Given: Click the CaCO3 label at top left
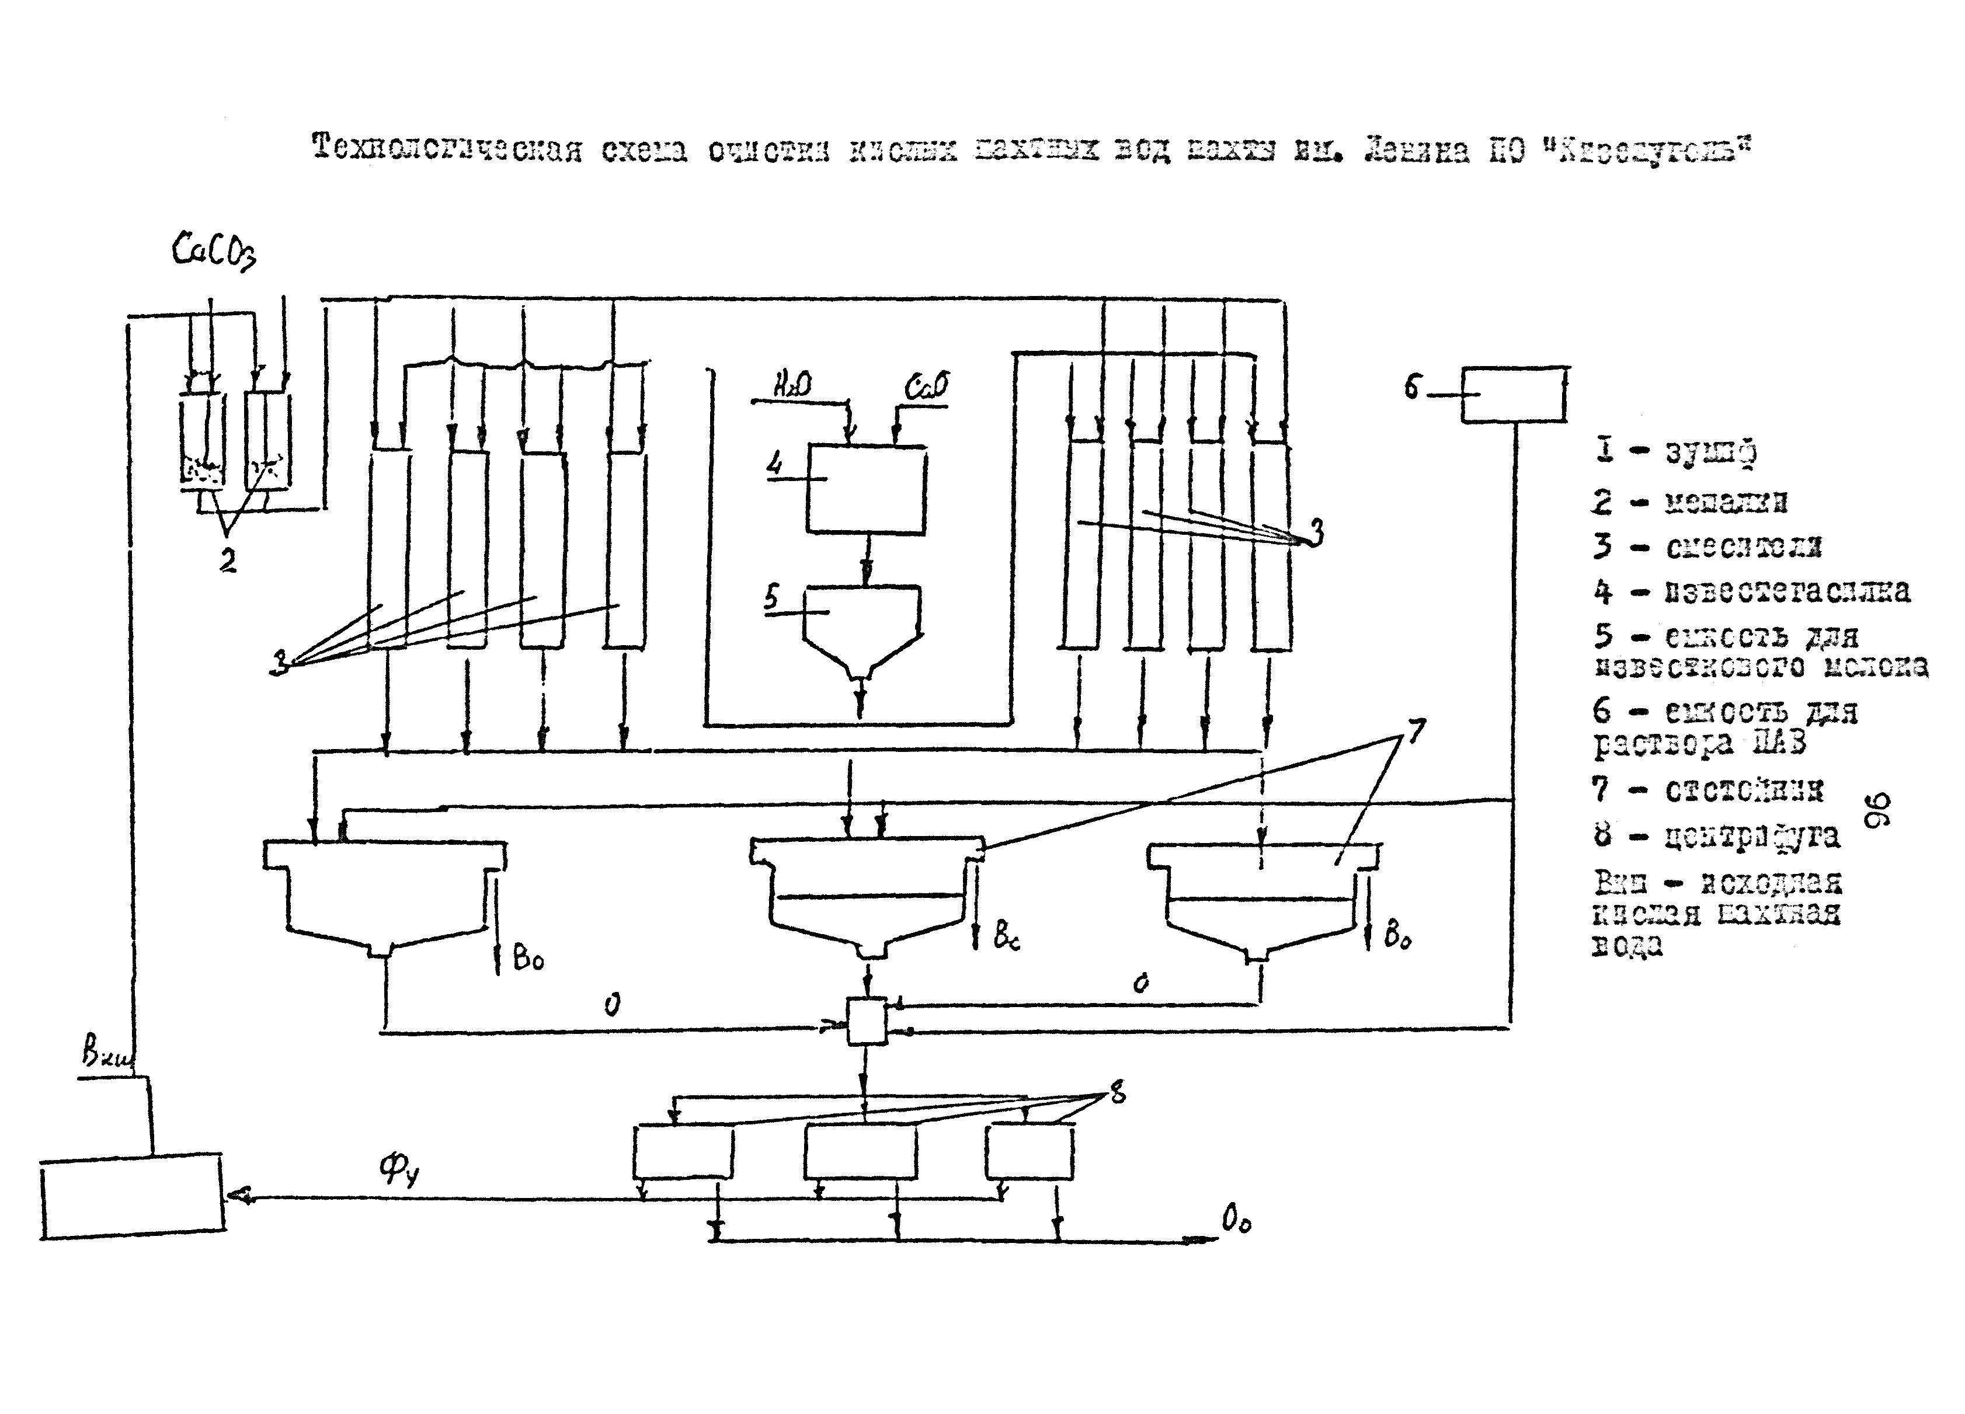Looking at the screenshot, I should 214,251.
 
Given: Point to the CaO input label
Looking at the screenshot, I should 926,385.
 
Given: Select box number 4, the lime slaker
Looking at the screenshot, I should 865,488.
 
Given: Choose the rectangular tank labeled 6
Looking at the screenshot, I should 1513,394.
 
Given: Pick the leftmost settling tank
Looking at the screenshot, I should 385,896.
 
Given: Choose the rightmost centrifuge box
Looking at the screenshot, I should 1030,1151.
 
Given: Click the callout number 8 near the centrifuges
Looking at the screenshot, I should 1118,1093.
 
